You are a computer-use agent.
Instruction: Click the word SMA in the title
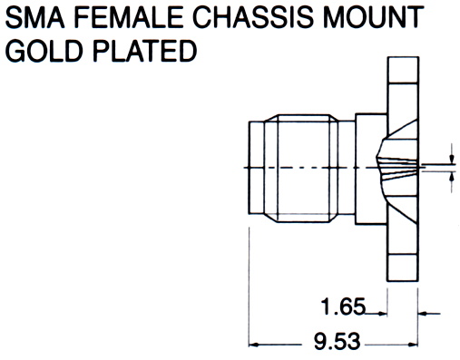(34, 17)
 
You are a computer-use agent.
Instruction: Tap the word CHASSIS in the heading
(252, 17)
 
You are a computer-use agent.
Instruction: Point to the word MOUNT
(373, 17)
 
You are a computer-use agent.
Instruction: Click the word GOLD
(44, 51)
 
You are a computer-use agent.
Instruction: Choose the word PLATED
(144, 51)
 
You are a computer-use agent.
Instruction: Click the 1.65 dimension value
(343, 306)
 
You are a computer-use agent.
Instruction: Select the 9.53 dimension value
(337, 341)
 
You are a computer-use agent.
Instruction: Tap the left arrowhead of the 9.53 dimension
(254, 345)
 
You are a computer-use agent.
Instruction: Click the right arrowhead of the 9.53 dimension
(413, 345)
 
